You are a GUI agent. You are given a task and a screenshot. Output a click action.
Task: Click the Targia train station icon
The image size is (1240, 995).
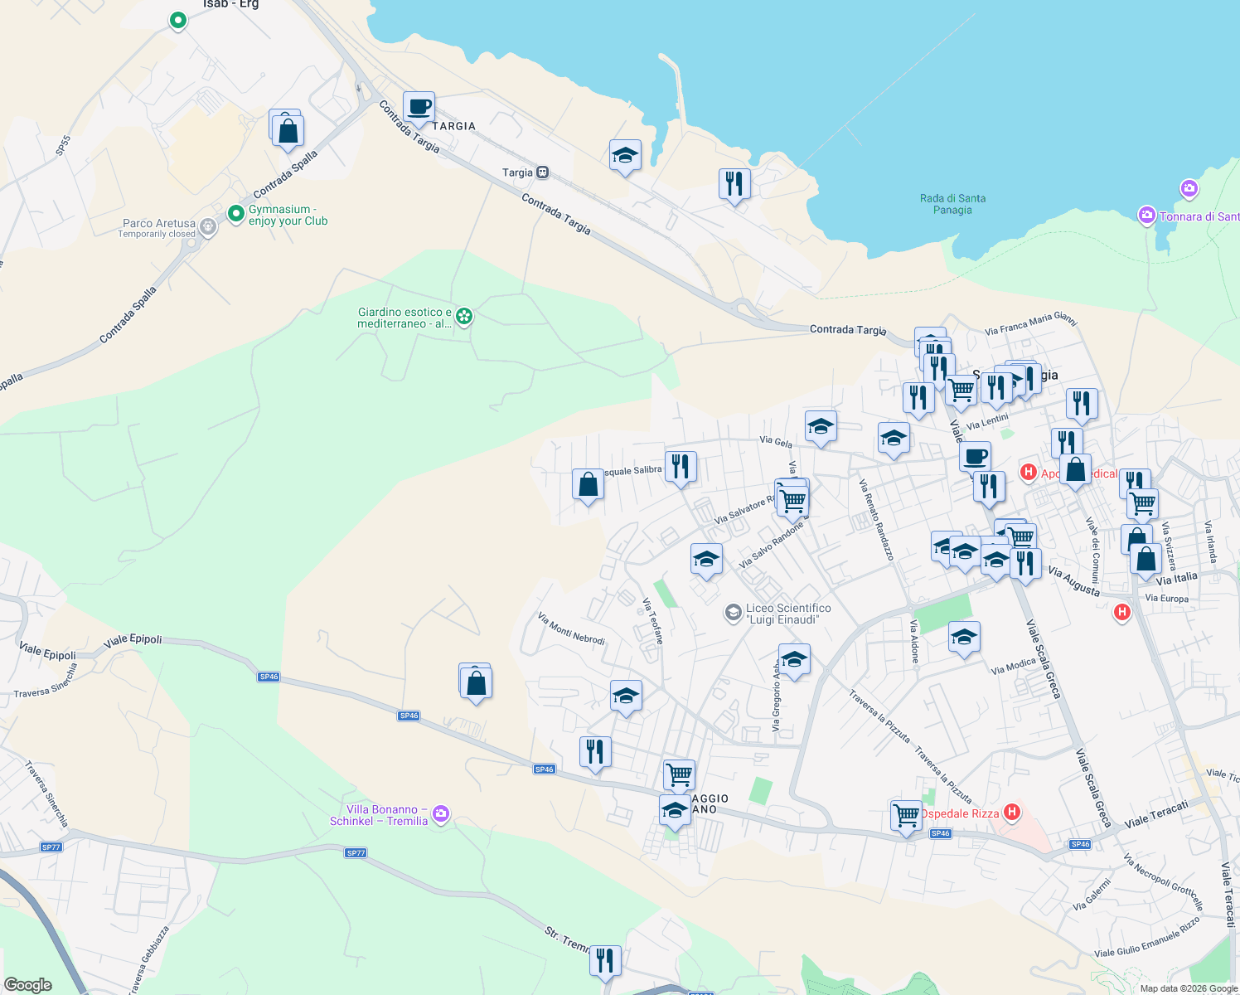[542, 172]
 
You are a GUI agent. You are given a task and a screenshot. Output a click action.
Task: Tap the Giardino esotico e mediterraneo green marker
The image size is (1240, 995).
[465, 316]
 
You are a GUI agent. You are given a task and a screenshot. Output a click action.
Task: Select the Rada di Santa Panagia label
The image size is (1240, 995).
[952, 204]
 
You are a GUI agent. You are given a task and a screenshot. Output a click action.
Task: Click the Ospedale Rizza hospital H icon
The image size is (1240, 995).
[1011, 812]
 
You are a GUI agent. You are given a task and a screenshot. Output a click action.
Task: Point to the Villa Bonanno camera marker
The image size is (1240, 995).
[441, 813]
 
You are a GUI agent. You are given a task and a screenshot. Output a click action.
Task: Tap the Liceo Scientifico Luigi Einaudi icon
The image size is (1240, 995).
[733, 613]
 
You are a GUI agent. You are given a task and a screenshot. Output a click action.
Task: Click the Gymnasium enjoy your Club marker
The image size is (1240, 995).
[236, 214]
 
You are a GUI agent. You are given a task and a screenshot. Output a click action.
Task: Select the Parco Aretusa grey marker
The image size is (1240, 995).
[208, 226]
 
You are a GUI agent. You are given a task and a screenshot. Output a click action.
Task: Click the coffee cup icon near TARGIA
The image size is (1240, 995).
[419, 108]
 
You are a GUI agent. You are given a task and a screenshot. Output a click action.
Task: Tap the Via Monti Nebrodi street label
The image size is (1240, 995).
[571, 629]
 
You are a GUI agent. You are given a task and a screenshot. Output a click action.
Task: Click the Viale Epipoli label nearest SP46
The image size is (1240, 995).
[133, 641]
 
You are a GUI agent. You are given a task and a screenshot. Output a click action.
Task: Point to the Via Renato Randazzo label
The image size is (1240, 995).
[876, 519]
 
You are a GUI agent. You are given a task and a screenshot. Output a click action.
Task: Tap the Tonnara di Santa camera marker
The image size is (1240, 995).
[1147, 216]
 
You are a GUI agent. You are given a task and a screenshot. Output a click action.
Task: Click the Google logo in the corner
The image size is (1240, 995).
[27, 984]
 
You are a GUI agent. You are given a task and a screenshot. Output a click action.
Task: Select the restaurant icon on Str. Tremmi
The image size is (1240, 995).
[605, 960]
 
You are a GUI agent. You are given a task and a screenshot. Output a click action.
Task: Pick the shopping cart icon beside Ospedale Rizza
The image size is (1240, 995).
[906, 815]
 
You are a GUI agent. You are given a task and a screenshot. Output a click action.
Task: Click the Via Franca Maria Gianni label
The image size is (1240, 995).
[1030, 323]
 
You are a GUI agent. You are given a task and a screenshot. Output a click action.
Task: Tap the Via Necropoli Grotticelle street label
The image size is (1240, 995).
[1163, 882]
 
